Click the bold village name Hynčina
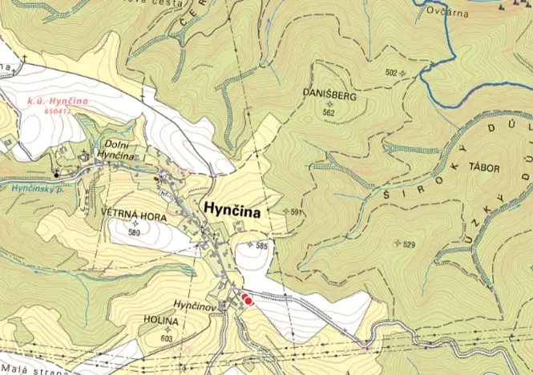232,208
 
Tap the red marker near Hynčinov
247,300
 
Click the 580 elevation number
133,232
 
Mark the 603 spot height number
167,338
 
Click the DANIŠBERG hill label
329,95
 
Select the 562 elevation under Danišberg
329,113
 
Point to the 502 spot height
391,73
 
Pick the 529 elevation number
409,244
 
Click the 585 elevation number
261,246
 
